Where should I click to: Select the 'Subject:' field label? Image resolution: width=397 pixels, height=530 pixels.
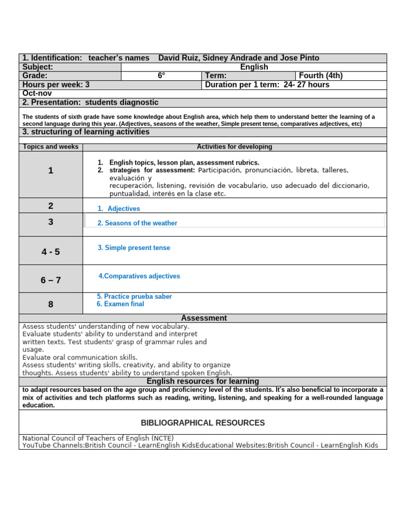(38, 67)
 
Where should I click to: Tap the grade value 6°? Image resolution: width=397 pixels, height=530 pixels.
(161, 76)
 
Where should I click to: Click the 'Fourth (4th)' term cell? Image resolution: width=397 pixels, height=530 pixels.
(320, 76)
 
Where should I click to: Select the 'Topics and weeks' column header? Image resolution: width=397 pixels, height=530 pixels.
(51, 147)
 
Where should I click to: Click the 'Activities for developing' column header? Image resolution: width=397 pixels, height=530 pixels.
(234, 147)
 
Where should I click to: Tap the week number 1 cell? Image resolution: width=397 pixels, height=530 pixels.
(51, 171)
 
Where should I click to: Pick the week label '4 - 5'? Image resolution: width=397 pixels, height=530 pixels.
(51, 252)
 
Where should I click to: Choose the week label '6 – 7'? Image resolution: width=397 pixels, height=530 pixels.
(51, 280)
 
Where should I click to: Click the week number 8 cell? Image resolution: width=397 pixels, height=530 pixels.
(51, 304)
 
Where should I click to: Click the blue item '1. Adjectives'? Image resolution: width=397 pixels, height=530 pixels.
(119, 209)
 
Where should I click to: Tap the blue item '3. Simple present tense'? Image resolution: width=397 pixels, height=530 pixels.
(134, 248)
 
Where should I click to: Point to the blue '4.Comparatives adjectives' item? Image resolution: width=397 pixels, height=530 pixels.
(139, 276)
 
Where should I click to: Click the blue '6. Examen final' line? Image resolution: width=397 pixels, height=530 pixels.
(120, 304)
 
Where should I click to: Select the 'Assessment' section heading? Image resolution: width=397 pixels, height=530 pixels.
(204, 318)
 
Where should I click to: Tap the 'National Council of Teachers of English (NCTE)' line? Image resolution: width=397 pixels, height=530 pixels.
(98, 438)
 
